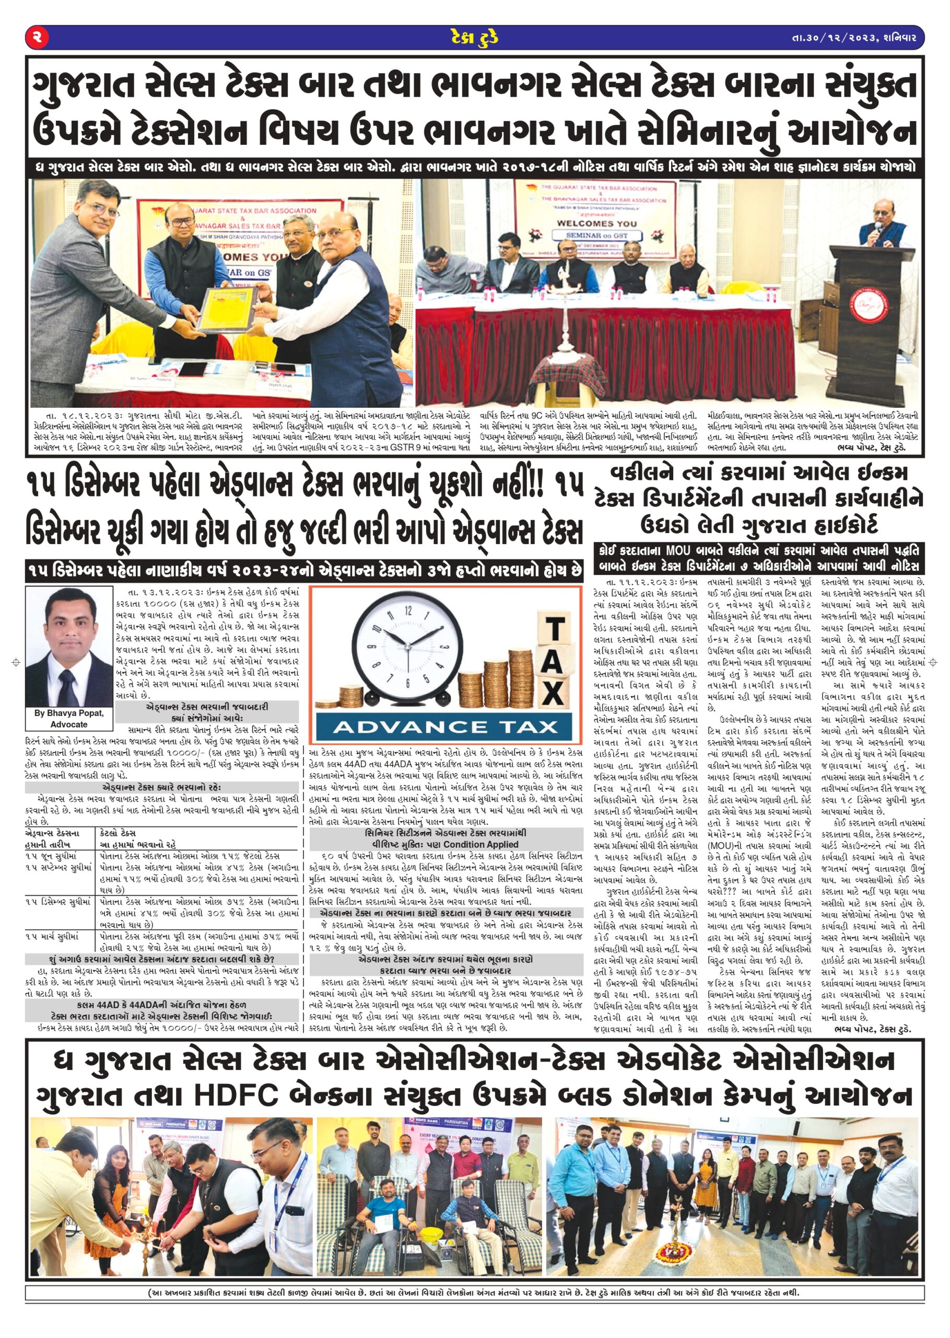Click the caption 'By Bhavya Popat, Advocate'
tap(69, 718)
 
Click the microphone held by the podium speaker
tap(877, 225)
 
